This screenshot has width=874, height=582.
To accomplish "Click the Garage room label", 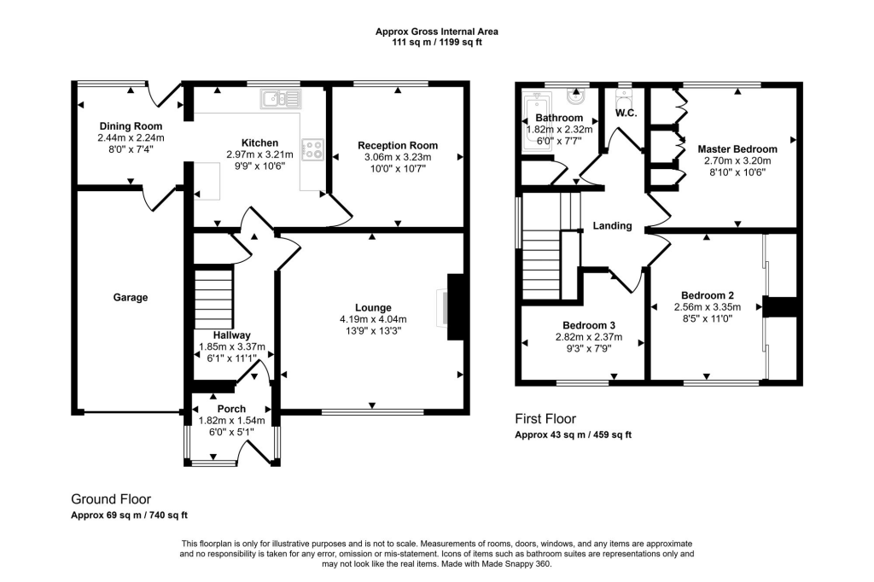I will pyautogui.click(x=131, y=298).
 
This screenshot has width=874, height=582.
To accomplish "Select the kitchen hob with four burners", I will pyautogui.click(x=312, y=150).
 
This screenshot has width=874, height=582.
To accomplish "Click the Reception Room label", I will pyautogui.click(x=398, y=145).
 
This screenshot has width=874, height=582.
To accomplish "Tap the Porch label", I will pyautogui.click(x=230, y=409).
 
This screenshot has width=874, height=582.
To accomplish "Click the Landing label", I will pyautogui.click(x=613, y=226).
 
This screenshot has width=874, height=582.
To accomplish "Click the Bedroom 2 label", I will pyautogui.click(x=707, y=295).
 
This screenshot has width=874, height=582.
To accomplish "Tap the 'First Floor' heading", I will pyautogui.click(x=545, y=419).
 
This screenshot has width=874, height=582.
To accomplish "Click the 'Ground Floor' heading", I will pyautogui.click(x=111, y=499).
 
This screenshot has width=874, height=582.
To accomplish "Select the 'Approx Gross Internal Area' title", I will pyautogui.click(x=437, y=32).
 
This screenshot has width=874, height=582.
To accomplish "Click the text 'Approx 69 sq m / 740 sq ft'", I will pyautogui.click(x=129, y=515).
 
